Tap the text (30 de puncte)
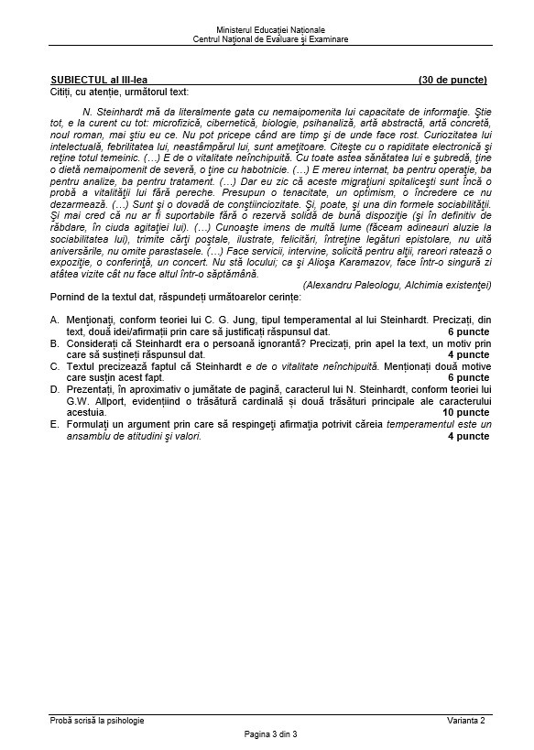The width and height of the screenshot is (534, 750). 452,80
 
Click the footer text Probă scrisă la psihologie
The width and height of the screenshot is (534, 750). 97,720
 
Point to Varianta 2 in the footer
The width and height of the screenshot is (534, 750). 466,720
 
